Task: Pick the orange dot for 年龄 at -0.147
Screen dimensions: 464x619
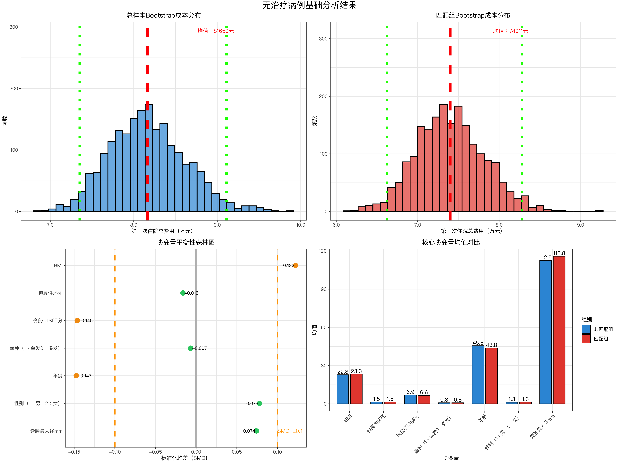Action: click(76, 376)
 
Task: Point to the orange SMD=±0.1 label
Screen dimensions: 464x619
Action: click(290, 431)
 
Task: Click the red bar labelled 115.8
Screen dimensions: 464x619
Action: click(559, 330)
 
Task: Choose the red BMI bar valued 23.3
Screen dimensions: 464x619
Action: click(356, 389)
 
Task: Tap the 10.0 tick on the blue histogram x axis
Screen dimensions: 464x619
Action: click(301, 225)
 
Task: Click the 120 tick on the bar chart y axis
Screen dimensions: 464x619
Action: click(323, 251)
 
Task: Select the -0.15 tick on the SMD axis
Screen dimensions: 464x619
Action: click(74, 452)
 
